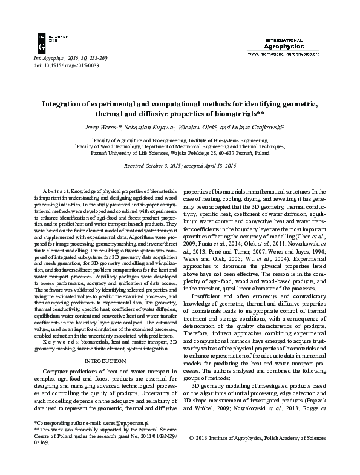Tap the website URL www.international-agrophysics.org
tap(284, 53)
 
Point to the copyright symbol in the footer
tap(192, 454)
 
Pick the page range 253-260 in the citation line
tap(96, 57)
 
